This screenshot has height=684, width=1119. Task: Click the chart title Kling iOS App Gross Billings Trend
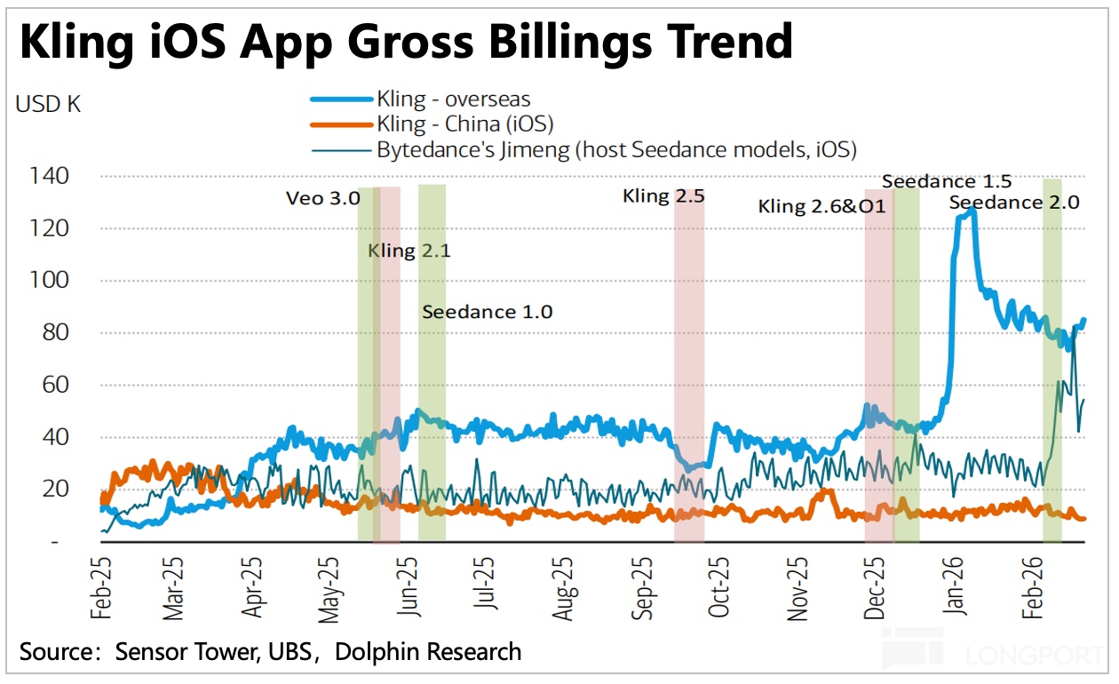point(406,41)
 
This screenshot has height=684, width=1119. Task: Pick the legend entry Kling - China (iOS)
point(465,123)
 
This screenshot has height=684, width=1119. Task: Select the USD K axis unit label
point(48,103)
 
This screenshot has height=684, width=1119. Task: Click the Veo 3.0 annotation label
point(322,197)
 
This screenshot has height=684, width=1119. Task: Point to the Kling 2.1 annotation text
point(409,251)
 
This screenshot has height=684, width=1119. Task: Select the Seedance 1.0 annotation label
point(487,312)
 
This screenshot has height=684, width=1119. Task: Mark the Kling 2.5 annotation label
point(663,195)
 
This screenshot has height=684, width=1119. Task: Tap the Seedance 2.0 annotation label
point(1014,203)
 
